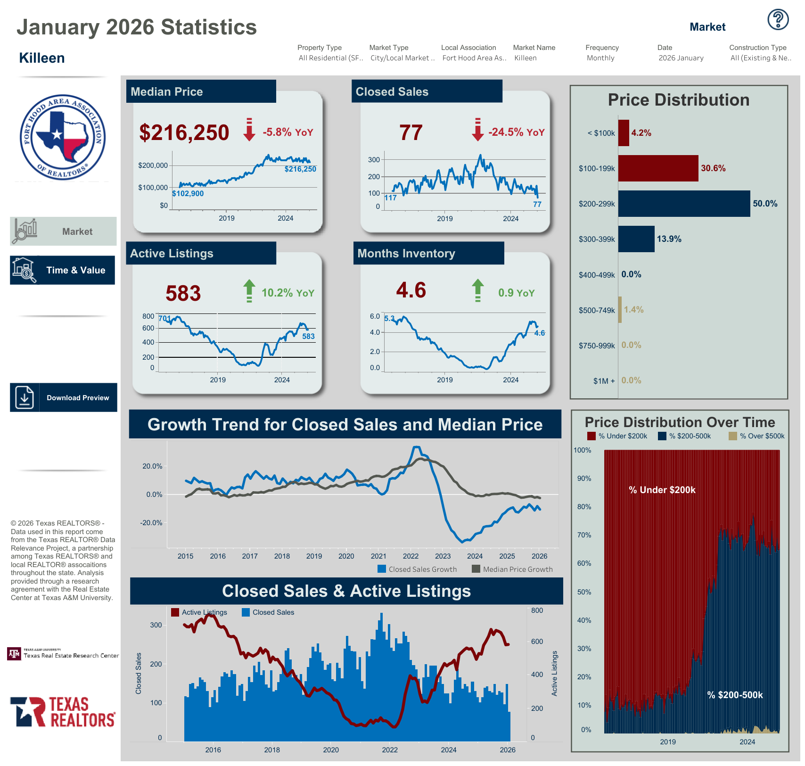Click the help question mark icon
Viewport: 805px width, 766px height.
pos(778,20)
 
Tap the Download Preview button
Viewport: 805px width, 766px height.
pos(64,397)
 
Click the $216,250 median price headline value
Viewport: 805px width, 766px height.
pos(184,132)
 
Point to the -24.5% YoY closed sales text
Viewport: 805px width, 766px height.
pos(516,132)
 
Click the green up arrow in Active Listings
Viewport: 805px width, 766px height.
pos(249,290)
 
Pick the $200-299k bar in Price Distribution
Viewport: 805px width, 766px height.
pos(684,204)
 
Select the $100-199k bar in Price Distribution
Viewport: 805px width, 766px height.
pos(658,168)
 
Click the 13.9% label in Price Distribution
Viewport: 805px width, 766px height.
pos(669,239)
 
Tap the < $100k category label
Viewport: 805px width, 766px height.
pos(601,133)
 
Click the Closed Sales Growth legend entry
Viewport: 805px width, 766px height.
pos(418,569)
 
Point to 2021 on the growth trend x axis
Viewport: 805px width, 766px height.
pos(378,556)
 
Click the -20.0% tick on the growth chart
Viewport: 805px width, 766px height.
pos(151,523)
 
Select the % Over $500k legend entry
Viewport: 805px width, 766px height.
pos(757,436)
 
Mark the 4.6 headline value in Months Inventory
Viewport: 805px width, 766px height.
pos(411,290)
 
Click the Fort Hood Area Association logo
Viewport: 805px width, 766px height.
pos(63,137)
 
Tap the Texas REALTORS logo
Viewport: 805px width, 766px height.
pos(63,712)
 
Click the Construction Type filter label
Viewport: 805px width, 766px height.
pos(758,48)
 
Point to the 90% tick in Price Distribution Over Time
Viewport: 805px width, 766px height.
pos(584,478)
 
